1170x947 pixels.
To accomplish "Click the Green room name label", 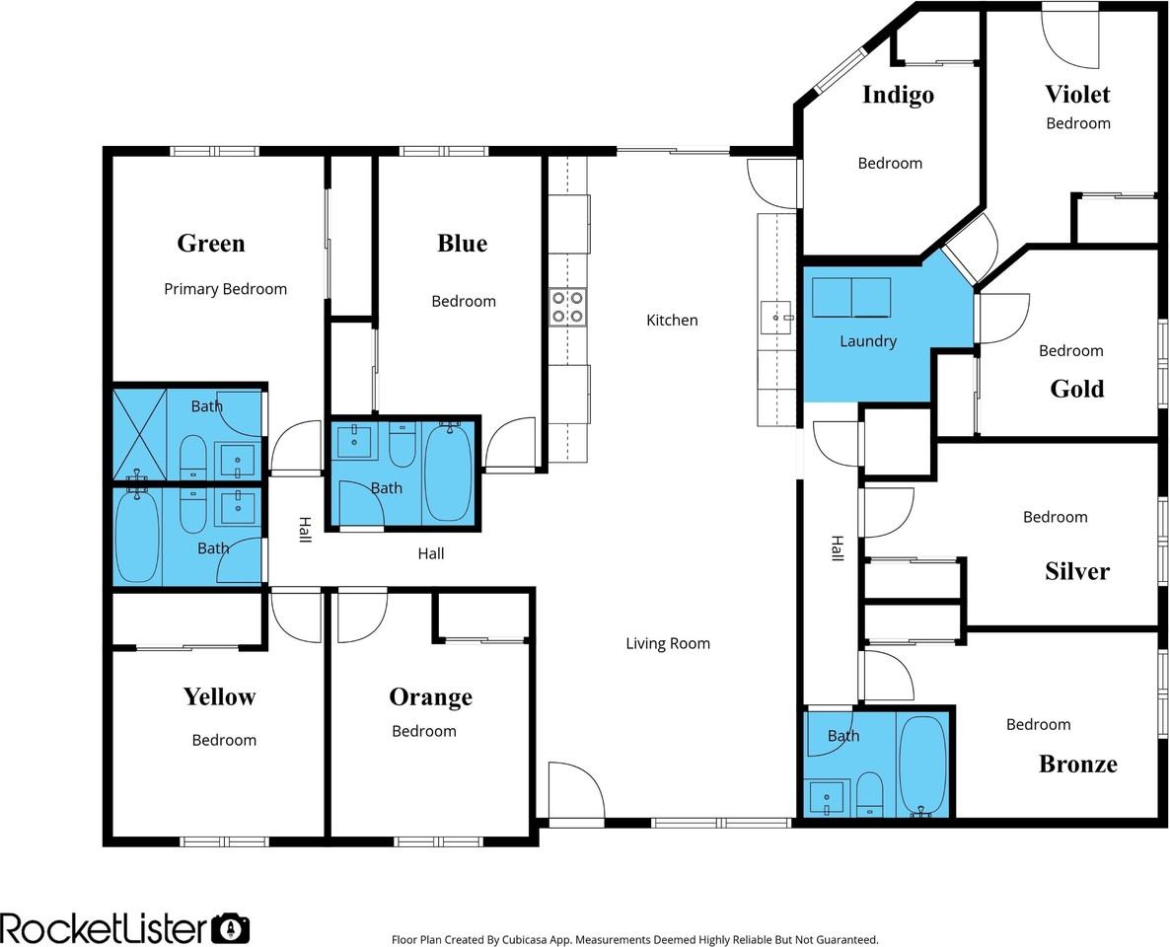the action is pyautogui.click(x=211, y=244).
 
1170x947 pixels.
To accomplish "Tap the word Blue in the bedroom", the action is pyautogui.click(x=462, y=244).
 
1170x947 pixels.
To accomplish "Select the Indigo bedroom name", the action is pyautogui.click(x=899, y=95).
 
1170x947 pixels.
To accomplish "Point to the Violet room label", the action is pyautogui.click(x=1077, y=94).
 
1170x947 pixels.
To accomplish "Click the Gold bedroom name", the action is pyautogui.click(x=1077, y=389).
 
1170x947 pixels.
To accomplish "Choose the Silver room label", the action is pyautogui.click(x=1077, y=571).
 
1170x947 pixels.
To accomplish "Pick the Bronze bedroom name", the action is pyautogui.click(x=1078, y=765).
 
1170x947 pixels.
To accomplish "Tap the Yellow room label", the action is pyautogui.click(x=219, y=697).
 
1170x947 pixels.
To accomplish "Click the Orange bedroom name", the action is pyautogui.click(x=430, y=697).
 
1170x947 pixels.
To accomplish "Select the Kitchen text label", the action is pyautogui.click(x=672, y=321).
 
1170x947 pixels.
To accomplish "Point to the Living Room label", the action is pyautogui.click(x=668, y=643).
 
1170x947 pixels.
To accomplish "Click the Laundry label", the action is pyautogui.click(x=868, y=341).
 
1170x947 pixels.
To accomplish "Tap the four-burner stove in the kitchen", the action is pyautogui.click(x=568, y=308).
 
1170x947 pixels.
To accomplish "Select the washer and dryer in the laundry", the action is pyautogui.click(x=851, y=298).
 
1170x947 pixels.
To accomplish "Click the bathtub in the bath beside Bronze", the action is pyautogui.click(x=923, y=765).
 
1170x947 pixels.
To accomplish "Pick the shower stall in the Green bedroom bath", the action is pyautogui.click(x=139, y=433).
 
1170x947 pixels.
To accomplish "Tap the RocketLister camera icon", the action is pyautogui.click(x=231, y=929).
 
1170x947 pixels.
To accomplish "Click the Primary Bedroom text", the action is pyautogui.click(x=225, y=289).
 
